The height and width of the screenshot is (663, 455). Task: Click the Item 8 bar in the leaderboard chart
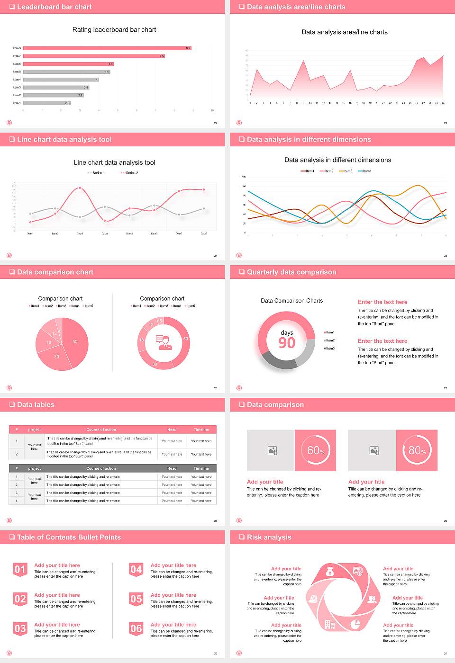107,48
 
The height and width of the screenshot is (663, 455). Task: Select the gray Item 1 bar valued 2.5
46,103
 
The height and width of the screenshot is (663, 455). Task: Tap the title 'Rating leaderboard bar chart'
114,29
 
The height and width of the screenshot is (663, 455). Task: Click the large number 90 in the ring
287,343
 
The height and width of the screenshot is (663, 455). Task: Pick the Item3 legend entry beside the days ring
329,349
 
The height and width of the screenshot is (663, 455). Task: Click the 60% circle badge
316,450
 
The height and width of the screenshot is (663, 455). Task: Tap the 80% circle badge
417,450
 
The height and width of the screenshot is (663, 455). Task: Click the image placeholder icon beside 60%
272,450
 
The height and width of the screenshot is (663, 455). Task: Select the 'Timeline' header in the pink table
201,430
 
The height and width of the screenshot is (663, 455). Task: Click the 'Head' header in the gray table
172,468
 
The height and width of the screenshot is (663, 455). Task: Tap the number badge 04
136,570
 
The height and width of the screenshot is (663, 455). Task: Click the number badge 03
20,629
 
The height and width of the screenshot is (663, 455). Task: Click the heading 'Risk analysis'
269,537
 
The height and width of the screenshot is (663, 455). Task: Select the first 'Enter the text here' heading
382,302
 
